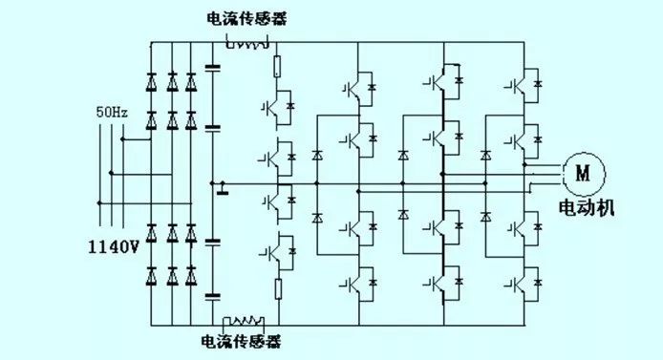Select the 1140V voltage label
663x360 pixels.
click(114, 246)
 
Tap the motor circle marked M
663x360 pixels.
click(581, 172)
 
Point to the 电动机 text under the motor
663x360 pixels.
click(585, 203)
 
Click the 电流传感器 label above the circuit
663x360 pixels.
click(243, 18)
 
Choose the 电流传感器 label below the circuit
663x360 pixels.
click(241, 340)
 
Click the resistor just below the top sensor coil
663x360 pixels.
click(278, 68)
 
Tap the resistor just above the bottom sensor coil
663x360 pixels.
click(278, 289)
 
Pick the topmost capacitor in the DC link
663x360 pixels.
click(212, 68)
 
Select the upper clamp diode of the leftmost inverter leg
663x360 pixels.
click(318, 155)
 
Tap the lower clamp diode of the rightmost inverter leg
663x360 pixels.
click(487, 215)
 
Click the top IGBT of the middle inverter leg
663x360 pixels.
click(439, 80)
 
